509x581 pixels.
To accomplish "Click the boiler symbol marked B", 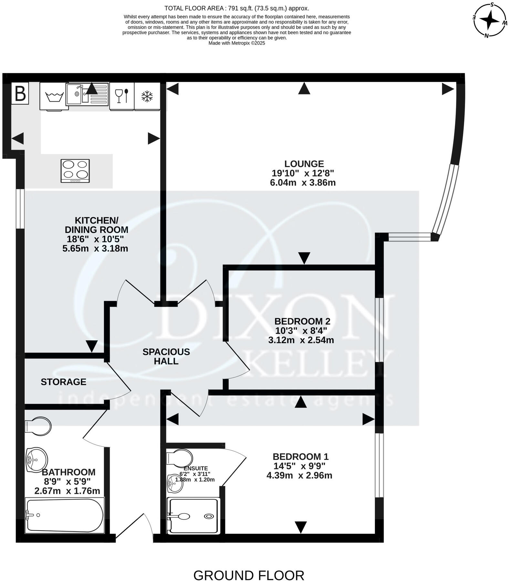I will [x=20, y=94].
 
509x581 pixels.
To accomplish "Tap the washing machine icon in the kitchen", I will [x=54, y=97].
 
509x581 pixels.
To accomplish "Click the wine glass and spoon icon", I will [x=122, y=96].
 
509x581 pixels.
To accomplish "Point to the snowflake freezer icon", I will [x=147, y=96].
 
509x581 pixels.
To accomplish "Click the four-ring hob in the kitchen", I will [x=75, y=171].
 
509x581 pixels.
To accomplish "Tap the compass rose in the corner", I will [x=490, y=20].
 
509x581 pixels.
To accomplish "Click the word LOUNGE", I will [x=304, y=164].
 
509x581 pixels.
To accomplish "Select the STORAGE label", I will [x=63, y=382].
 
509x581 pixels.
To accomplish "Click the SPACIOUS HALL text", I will [x=166, y=356].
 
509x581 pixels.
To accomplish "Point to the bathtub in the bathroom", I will [x=65, y=515].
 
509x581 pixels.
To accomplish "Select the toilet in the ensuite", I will [x=180, y=458].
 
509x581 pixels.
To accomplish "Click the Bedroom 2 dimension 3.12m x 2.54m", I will [x=301, y=340].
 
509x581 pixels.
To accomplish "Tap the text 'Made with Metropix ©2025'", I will [x=237, y=43].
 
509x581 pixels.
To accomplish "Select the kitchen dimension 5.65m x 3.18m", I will [x=95, y=248].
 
